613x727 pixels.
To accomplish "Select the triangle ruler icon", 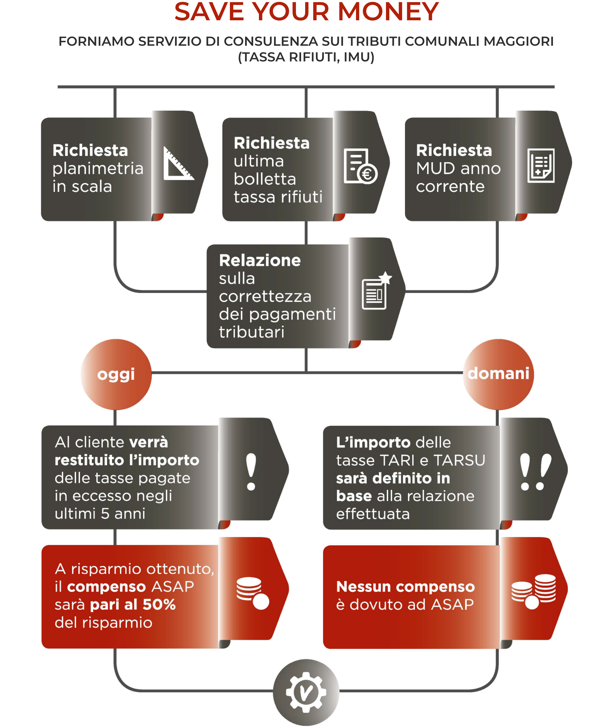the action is click(x=179, y=163).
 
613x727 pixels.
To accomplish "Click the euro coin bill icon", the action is click(x=360, y=166).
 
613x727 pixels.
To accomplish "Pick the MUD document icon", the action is click(x=541, y=165).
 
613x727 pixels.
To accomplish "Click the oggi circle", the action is click(x=116, y=374).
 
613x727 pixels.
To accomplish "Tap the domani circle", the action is click(x=498, y=374).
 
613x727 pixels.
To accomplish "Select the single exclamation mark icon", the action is click(x=251, y=472).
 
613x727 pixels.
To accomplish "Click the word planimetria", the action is click(x=98, y=169).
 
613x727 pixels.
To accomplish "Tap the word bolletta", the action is click(x=265, y=179).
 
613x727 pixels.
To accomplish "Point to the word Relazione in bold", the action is click(x=260, y=260).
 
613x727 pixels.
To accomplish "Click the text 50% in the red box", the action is click(x=159, y=605).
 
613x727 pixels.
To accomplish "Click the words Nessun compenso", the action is click(x=406, y=587).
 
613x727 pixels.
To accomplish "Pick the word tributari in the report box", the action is click(x=252, y=332).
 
